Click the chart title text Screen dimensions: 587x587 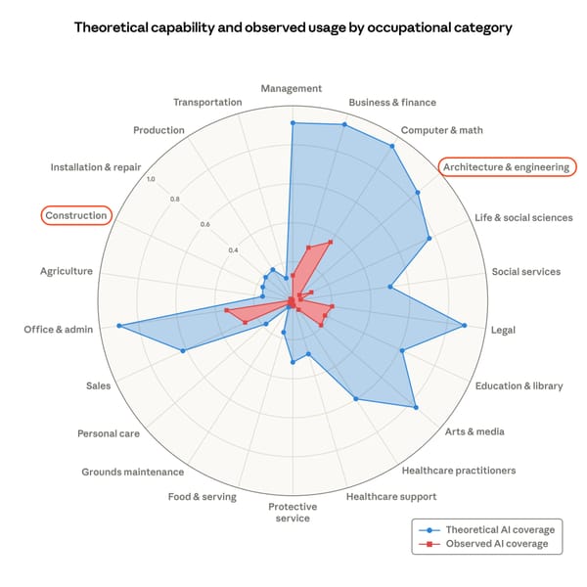click(x=293, y=27)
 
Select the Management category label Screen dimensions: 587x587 click(x=292, y=89)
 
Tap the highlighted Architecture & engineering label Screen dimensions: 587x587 click(x=506, y=167)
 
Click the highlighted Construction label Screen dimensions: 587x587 click(x=75, y=215)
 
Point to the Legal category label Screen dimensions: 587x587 click(x=505, y=330)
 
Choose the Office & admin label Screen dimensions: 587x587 click(x=59, y=330)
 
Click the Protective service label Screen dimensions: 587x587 click(x=293, y=512)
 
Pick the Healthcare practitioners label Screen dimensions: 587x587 click(x=459, y=471)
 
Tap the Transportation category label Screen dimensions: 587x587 click(x=207, y=103)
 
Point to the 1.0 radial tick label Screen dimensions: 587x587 click(x=150, y=179)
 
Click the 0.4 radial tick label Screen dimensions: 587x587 click(x=234, y=250)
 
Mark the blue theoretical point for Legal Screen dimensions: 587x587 click(x=465, y=325)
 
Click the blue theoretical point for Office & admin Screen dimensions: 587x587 click(x=119, y=326)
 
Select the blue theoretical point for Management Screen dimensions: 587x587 click(x=292, y=122)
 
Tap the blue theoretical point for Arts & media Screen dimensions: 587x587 click(x=416, y=407)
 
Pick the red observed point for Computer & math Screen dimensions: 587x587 click(x=330, y=242)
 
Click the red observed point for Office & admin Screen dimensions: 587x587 click(x=226, y=311)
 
